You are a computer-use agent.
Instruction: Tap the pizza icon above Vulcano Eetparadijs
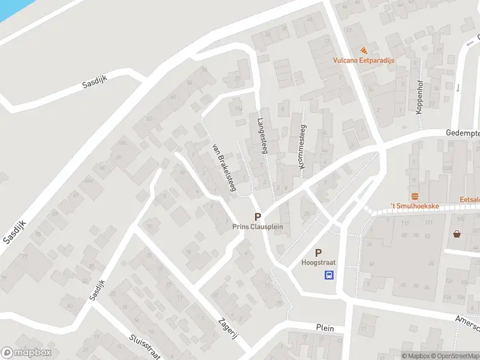[364, 50]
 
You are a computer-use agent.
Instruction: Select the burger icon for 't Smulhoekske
[415, 196]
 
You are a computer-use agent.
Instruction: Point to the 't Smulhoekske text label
[415, 206]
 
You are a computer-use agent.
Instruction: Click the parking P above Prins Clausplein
[257, 217]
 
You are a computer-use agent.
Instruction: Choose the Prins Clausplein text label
[257, 227]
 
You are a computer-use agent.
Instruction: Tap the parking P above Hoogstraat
[318, 253]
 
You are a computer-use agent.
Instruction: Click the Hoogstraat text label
[318, 263]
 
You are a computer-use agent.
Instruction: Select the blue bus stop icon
[329, 275]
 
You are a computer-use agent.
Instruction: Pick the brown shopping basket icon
[458, 234]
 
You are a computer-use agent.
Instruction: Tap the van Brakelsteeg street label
[223, 167]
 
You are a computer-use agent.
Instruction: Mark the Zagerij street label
[229, 328]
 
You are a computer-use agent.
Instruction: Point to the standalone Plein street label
[325, 328]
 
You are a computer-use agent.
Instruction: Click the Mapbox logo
[26, 353]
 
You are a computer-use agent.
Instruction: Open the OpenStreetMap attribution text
[458, 356]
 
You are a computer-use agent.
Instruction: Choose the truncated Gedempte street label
[462, 133]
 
